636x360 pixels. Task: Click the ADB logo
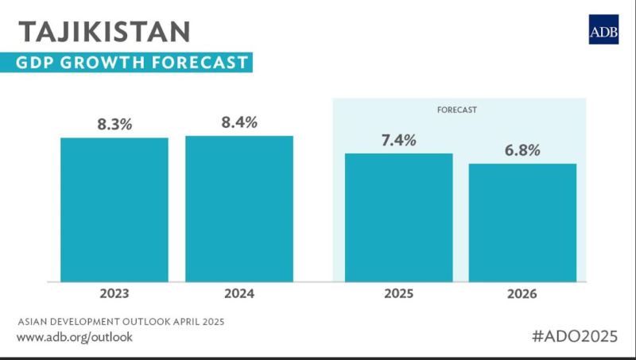(x=603, y=29)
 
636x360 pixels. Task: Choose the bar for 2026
(x=522, y=222)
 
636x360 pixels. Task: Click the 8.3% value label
(x=114, y=124)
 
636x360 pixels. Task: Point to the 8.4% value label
(x=239, y=122)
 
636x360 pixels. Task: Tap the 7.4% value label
(x=398, y=140)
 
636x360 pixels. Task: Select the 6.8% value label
(x=522, y=150)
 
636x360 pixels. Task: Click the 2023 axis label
(x=114, y=294)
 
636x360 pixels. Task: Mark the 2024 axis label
(x=239, y=294)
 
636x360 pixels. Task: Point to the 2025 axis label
(x=398, y=294)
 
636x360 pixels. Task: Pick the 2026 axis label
(x=522, y=294)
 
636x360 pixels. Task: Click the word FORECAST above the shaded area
(x=457, y=109)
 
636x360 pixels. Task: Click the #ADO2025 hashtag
(x=573, y=335)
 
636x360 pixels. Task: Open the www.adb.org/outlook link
(x=75, y=337)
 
